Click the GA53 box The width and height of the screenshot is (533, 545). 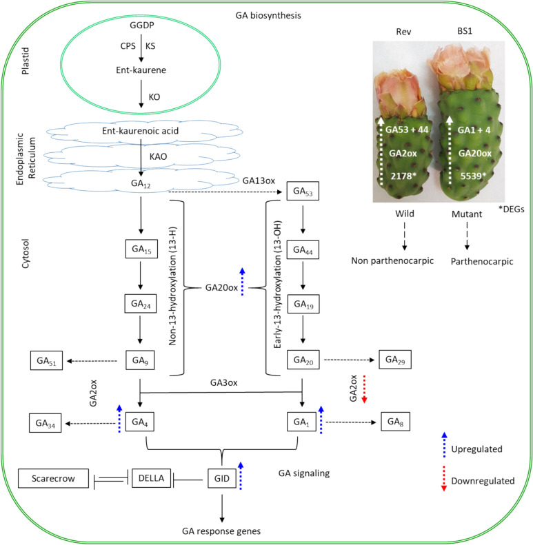point(303,191)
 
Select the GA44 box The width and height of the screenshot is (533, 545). point(303,249)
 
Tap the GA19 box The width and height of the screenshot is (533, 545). point(303,304)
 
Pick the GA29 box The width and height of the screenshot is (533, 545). point(395,360)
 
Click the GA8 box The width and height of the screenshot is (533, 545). point(396,421)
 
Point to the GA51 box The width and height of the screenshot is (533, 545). point(46,360)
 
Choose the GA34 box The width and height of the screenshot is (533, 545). point(46,423)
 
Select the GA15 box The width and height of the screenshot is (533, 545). point(141,249)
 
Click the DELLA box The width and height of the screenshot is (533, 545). point(151,478)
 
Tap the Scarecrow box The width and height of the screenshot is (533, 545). point(53,478)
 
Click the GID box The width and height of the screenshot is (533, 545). point(222,478)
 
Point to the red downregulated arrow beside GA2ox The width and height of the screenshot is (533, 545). point(364,389)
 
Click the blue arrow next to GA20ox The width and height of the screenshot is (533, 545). point(243,282)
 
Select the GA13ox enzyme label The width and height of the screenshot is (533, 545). point(259,181)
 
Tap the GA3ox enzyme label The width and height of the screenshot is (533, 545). point(223,382)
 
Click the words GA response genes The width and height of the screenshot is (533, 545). point(221,531)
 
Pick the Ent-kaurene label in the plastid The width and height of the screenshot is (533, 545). point(141,70)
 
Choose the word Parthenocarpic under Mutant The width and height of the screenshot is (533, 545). point(482,261)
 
